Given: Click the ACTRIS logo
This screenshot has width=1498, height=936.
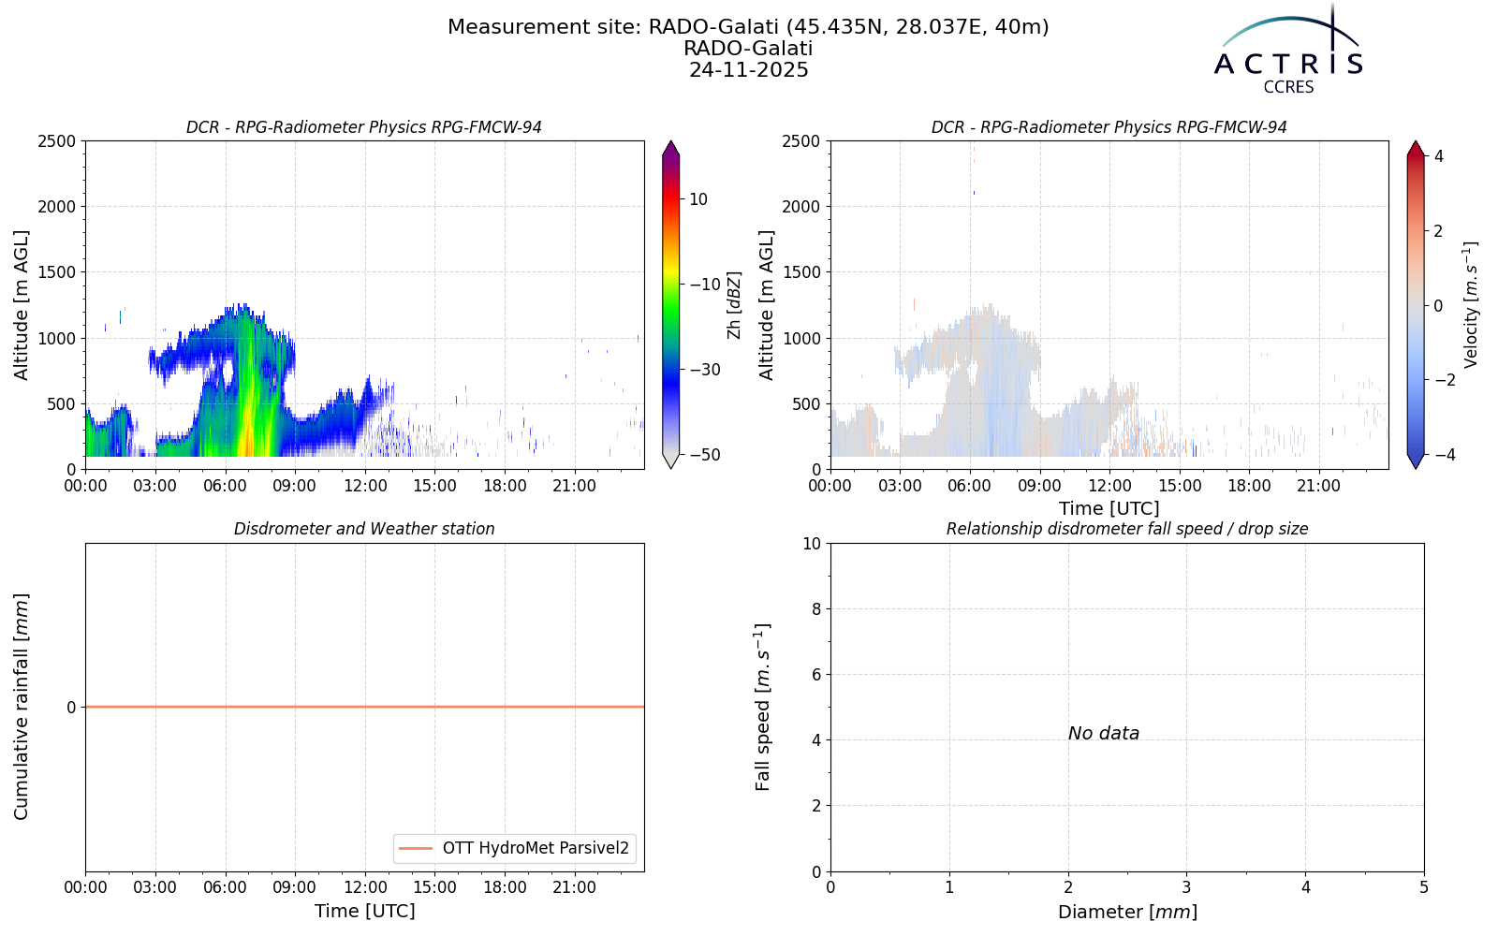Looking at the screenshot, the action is pyautogui.click(x=1288, y=51).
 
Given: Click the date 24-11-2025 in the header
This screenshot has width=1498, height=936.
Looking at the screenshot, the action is pyautogui.click(x=748, y=70).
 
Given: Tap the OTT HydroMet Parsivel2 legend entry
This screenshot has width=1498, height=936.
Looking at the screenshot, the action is pyautogui.click(x=514, y=848).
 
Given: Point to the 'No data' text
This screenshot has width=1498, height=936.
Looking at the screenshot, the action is pyautogui.click(x=1104, y=734).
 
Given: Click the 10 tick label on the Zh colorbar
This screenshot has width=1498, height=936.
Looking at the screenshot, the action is pyautogui.click(x=698, y=199).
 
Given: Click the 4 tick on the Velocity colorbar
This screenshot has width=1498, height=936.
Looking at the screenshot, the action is pyautogui.click(x=1438, y=155).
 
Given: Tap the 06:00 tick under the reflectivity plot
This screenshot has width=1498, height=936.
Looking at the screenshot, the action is pyautogui.click(x=225, y=486).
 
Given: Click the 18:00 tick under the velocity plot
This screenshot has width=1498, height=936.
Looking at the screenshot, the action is pyautogui.click(x=1249, y=486).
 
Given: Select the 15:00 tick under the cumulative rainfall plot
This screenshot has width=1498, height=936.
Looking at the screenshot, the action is pyautogui.click(x=434, y=888).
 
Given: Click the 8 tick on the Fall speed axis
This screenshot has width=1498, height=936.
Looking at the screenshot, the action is pyautogui.click(x=815, y=609).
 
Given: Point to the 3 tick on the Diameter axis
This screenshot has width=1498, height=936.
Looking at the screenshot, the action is pyautogui.click(x=1186, y=888).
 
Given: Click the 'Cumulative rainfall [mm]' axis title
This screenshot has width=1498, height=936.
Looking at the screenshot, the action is pyautogui.click(x=22, y=707).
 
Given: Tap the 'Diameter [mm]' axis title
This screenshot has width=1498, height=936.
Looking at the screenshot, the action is pyautogui.click(x=1127, y=913).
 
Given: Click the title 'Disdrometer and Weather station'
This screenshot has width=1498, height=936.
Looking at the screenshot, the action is pyautogui.click(x=364, y=529).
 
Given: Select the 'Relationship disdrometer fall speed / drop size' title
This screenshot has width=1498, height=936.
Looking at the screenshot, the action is pyautogui.click(x=1127, y=529).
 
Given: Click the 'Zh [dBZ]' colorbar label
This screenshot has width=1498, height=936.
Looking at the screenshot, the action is pyautogui.click(x=734, y=305).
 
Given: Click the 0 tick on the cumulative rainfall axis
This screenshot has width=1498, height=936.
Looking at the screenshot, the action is pyautogui.click(x=71, y=708).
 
